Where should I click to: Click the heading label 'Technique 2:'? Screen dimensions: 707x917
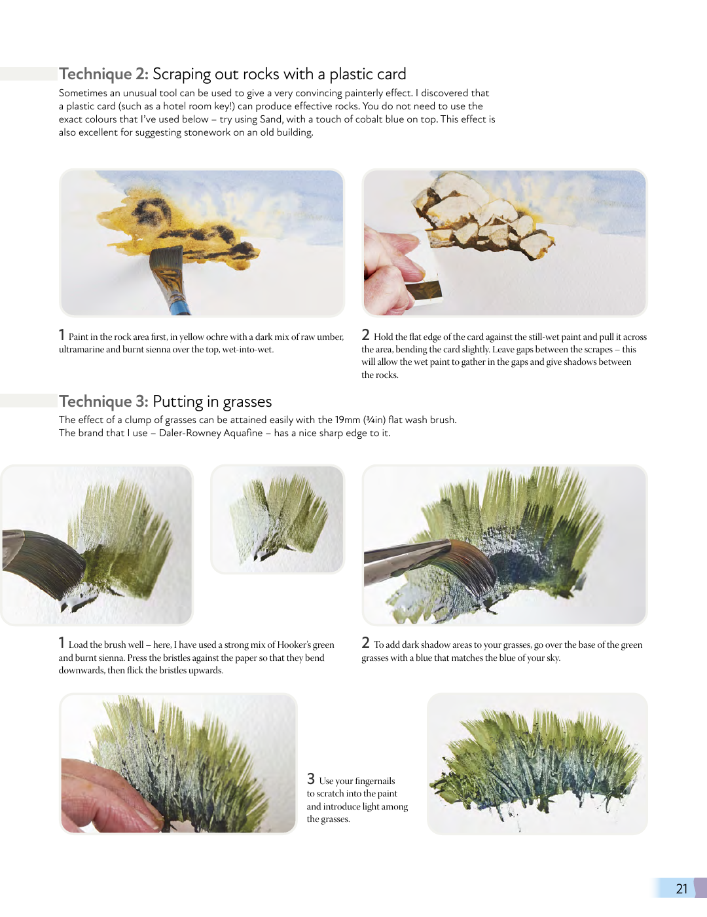tap(103, 74)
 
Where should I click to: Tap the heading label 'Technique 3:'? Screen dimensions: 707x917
tap(103, 401)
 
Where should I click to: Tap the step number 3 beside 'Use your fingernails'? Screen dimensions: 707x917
tap(311, 778)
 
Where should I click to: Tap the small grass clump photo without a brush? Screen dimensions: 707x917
tap(278, 519)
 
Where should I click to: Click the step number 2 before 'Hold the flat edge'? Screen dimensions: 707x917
tap(365, 335)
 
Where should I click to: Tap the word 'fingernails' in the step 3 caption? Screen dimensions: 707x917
tap(375, 781)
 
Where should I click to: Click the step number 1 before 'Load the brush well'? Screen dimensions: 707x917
tap(62, 643)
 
